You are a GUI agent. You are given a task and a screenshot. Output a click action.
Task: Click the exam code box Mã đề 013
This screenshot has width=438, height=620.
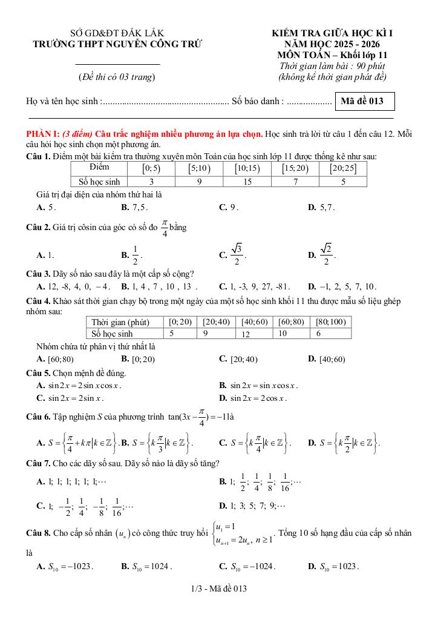pos(364,101)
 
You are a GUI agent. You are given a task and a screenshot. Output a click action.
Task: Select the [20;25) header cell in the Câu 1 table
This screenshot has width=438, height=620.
pos(343,168)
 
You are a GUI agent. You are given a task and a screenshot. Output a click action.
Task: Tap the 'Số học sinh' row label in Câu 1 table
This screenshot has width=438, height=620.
pos(99,181)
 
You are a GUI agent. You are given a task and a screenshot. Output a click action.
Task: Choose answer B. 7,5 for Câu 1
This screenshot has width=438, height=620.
pos(135,207)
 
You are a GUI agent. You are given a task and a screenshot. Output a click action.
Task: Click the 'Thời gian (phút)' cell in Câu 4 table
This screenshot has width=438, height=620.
pos(120,322)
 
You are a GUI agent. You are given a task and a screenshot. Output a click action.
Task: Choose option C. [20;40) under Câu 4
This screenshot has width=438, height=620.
pos(238,359)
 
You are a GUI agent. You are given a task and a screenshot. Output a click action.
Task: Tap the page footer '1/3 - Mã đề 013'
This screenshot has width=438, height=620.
pos(218,588)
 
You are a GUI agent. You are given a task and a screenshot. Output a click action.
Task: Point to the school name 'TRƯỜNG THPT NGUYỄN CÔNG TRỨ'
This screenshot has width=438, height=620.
pos(117,44)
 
